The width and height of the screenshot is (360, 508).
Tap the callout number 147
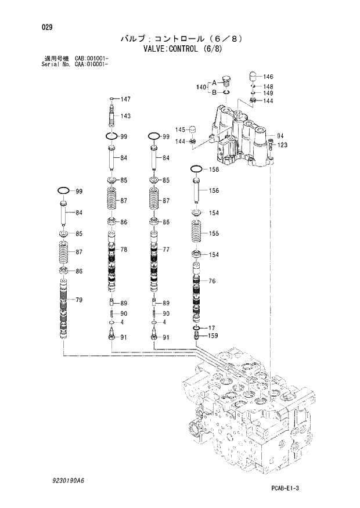[x=125, y=99]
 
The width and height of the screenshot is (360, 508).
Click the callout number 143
[x=125, y=116]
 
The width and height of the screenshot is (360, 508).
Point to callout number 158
[x=214, y=170]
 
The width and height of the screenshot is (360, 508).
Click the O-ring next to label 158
[x=196, y=170]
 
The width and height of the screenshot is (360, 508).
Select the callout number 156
[x=214, y=190]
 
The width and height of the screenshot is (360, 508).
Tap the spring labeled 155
[x=196, y=233]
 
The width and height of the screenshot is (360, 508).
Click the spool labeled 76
[x=197, y=296]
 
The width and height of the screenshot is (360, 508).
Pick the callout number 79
[x=79, y=300]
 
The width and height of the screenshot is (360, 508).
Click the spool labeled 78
[x=112, y=261]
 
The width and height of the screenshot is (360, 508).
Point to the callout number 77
[x=166, y=250]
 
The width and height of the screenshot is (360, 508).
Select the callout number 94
[x=280, y=136]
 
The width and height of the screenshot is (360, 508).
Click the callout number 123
[x=282, y=145]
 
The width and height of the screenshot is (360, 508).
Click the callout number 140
[x=201, y=87]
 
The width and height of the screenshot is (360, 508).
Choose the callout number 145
[x=181, y=129]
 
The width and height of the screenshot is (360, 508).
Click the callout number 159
[x=214, y=336]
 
